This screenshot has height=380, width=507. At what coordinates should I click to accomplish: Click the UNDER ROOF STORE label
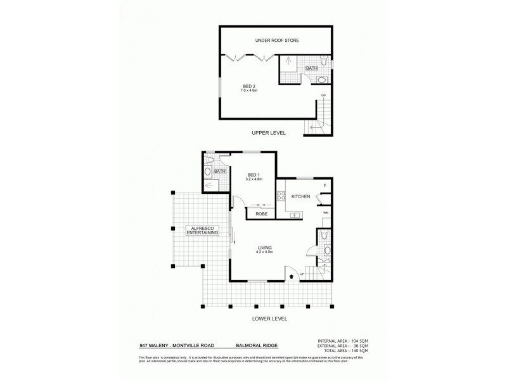point(277,41)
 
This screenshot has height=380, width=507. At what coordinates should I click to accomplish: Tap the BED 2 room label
point(250,86)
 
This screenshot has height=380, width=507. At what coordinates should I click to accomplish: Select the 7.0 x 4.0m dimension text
point(250,91)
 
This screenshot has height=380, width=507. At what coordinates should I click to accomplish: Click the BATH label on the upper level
point(311,68)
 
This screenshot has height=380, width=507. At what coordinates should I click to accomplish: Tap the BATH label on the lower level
point(220,172)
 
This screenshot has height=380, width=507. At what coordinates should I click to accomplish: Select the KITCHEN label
point(300,197)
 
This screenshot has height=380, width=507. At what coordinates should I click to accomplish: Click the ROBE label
point(260,214)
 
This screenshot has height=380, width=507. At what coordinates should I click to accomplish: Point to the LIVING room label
point(265,247)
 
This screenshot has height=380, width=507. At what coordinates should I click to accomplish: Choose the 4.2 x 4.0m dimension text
point(265,252)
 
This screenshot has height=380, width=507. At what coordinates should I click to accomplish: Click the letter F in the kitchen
point(324,186)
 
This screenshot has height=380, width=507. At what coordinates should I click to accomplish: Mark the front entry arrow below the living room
point(291,275)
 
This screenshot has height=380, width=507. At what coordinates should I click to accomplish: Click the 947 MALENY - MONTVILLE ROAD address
point(176,346)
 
